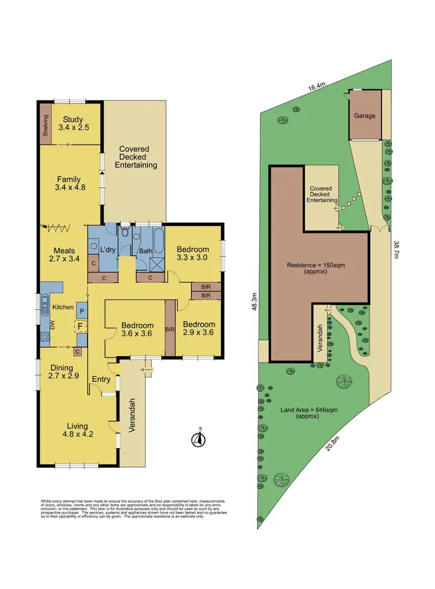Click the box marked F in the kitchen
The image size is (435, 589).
pyautogui.click(x=78, y=326)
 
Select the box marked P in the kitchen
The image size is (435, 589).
pyautogui.click(x=82, y=311)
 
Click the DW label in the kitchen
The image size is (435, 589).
pyautogui.click(x=52, y=327)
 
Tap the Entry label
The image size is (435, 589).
pyautogui.click(x=101, y=380)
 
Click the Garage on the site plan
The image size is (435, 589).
pyautogui.click(x=365, y=115)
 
